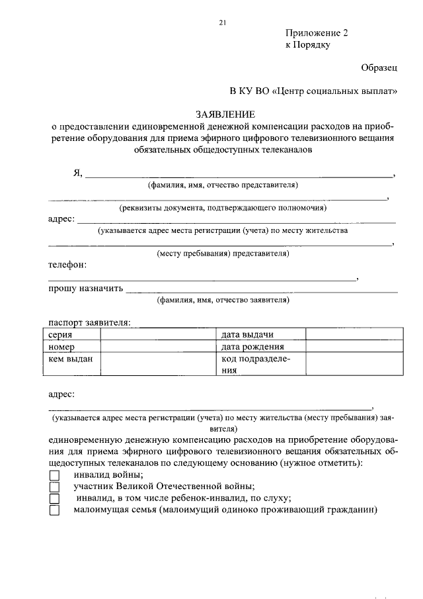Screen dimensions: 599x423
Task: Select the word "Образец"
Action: [379, 68]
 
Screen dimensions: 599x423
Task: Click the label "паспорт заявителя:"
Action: [89, 323]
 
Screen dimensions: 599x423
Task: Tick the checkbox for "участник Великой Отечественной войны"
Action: [54, 487]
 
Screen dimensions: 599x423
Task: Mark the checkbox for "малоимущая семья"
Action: [54, 511]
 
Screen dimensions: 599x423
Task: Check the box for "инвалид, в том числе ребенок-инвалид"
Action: [54, 499]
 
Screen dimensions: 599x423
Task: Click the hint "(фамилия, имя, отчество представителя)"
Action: [223, 185]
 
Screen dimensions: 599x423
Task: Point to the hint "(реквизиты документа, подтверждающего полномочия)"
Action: [223, 208]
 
